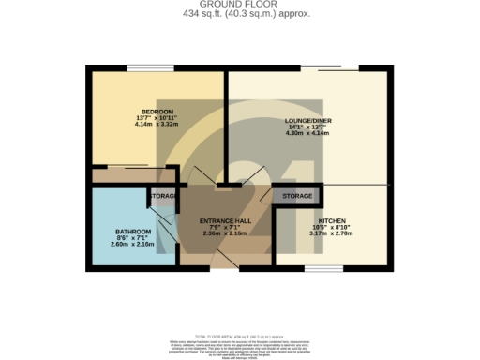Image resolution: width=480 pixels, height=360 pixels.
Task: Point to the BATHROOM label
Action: tap(133, 232)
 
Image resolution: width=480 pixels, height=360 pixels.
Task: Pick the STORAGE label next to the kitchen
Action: tap(297, 196)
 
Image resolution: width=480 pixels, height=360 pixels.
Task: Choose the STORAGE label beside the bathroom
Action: tap(163, 196)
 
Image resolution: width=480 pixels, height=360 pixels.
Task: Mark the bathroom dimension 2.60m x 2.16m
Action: tap(133, 244)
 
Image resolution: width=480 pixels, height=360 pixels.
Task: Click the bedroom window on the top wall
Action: tap(151, 67)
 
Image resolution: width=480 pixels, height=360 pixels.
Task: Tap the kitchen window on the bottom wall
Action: tap(323, 268)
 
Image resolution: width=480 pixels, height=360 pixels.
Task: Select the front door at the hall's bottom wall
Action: tap(223, 266)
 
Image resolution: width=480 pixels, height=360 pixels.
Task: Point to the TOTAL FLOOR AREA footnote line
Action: tap(239, 335)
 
